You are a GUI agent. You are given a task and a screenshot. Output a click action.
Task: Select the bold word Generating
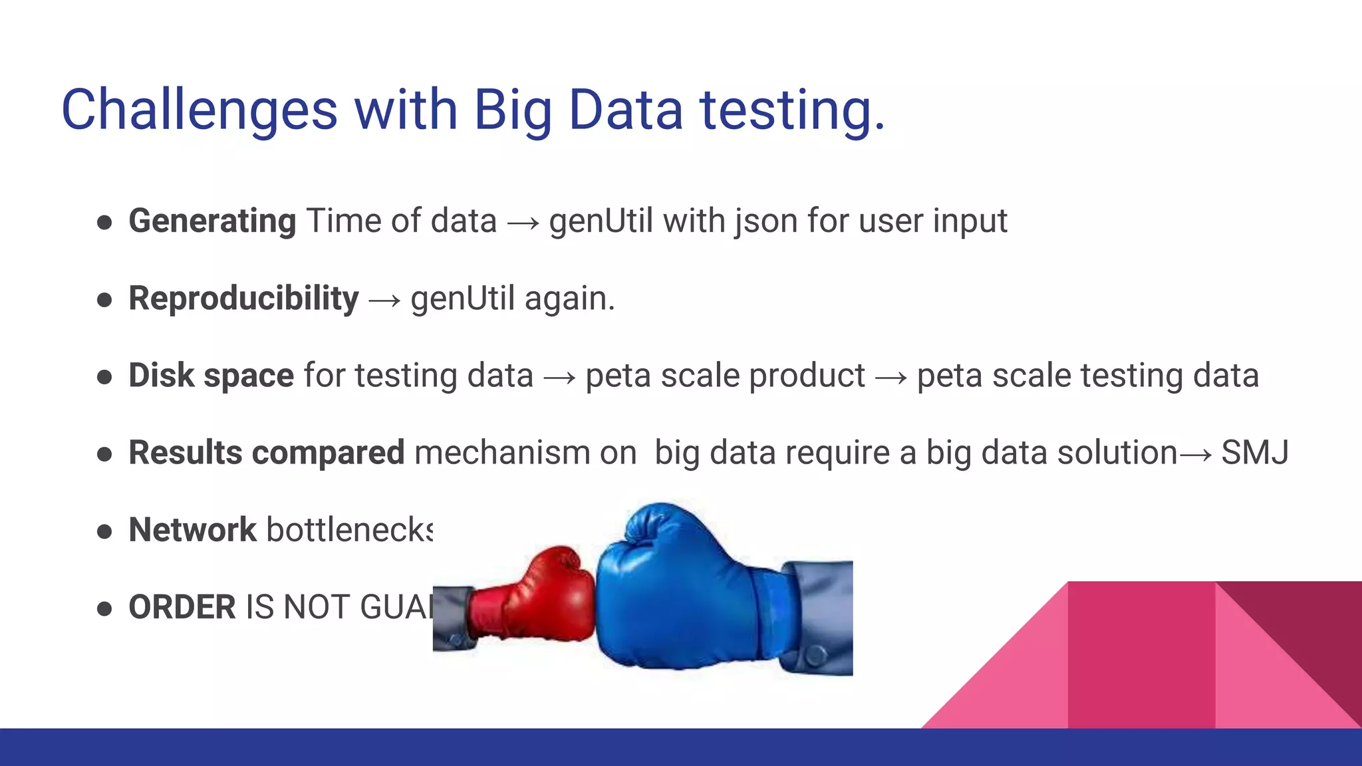212,221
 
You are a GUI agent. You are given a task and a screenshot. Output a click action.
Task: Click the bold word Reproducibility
243,299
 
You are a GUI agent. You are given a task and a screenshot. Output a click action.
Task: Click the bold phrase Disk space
211,376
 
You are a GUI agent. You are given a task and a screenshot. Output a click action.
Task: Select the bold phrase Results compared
266,453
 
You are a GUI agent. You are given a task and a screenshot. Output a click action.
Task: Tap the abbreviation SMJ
1254,453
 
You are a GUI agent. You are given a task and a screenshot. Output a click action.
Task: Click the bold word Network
192,530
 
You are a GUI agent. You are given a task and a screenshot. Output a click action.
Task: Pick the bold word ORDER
182,607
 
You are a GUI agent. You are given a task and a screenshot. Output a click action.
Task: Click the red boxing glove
539,595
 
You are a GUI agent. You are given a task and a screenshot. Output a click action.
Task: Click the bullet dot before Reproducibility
104,300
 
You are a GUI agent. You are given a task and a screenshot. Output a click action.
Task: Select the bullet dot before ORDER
104,608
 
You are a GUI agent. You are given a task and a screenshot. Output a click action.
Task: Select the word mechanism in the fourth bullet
501,453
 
